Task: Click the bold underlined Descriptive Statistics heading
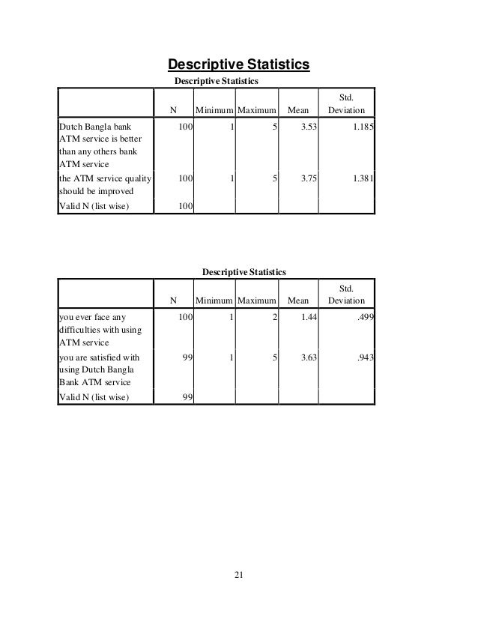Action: click(238, 64)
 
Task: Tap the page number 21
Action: click(239, 575)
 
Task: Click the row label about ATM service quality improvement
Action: click(104, 184)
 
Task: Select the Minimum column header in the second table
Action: click(214, 301)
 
